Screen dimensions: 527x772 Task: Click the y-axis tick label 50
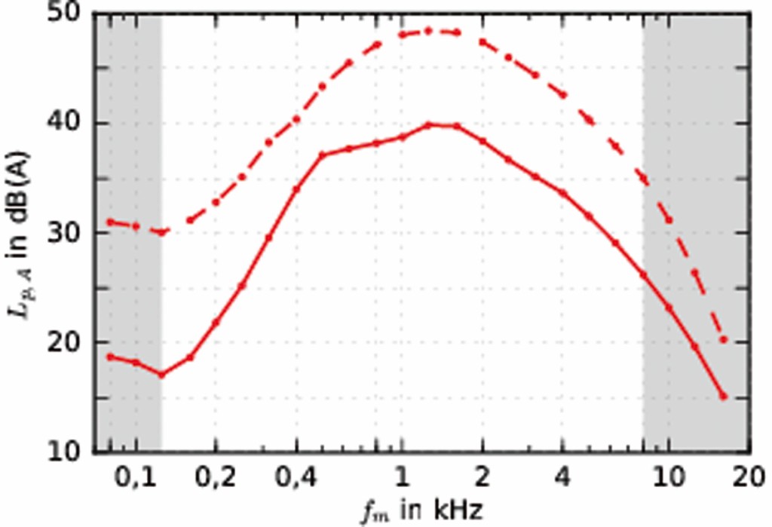[69, 15]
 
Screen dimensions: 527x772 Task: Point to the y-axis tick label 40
[69, 124]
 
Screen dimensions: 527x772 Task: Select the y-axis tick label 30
[69, 234]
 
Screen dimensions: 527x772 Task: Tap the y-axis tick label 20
[69, 343]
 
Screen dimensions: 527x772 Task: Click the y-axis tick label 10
[69, 452]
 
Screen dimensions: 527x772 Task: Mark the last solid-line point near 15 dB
[723, 397]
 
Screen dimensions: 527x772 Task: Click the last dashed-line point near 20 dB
[723, 340]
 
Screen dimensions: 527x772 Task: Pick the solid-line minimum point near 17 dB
[161, 375]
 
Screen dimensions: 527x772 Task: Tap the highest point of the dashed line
[428, 31]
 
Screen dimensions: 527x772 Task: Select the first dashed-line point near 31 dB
[110, 222]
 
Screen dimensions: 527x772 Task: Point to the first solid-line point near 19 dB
[110, 357]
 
